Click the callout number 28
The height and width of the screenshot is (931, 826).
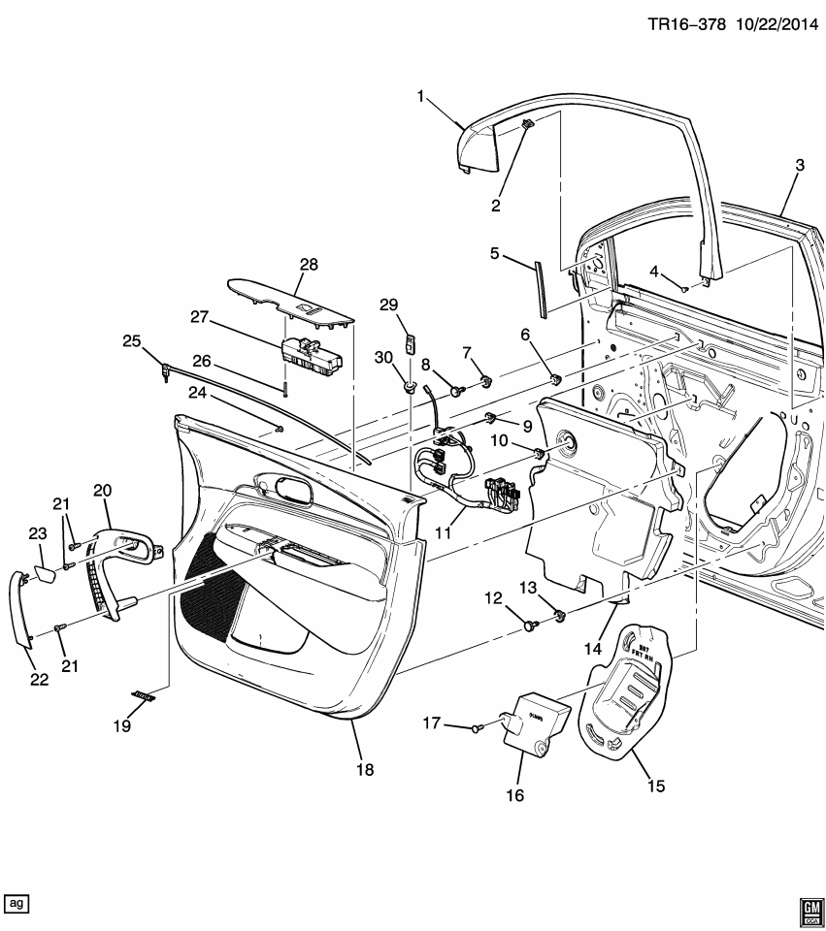[x=309, y=264]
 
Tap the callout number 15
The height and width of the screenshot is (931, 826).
[x=656, y=786]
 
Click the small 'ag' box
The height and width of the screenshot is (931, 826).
[x=17, y=903]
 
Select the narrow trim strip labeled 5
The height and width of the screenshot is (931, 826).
[x=540, y=287]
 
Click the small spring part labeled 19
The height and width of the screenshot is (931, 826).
[x=146, y=695]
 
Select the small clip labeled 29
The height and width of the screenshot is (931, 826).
[x=412, y=341]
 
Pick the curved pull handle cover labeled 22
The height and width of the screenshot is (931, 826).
[x=19, y=608]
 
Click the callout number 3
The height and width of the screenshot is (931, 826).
[x=799, y=166]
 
